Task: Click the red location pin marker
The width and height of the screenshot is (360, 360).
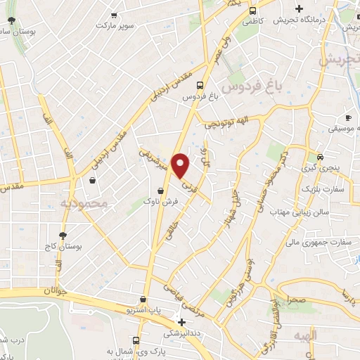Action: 181,165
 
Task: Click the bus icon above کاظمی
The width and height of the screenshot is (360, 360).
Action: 252,10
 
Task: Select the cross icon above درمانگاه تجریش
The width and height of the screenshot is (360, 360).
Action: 300,9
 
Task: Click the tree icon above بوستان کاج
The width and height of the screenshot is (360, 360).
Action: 63,236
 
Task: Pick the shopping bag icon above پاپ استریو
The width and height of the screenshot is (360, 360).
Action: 143,299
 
